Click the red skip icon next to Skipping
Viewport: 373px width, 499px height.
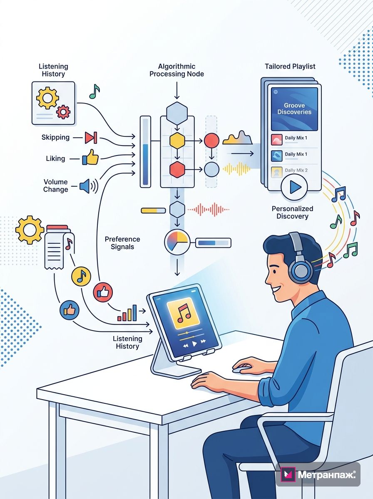[91, 138]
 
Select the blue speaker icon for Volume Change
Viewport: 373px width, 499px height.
[89, 186]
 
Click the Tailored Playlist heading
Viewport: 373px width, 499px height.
[290, 67]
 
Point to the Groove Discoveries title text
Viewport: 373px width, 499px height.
[294, 109]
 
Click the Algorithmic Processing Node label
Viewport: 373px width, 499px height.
[177, 70]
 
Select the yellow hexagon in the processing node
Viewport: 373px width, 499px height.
[177, 141]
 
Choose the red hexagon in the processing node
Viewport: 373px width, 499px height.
[177, 169]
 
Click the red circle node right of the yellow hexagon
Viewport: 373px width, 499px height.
[211, 141]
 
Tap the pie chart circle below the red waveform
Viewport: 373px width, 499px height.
[177, 242]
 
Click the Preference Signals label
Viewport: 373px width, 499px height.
[122, 243]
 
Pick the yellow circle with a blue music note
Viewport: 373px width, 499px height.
[81, 277]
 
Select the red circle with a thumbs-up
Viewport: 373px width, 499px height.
[103, 292]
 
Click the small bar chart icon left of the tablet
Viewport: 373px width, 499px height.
[127, 313]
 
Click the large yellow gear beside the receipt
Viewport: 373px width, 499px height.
[30, 230]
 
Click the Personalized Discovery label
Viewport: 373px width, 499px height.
[292, 212]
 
